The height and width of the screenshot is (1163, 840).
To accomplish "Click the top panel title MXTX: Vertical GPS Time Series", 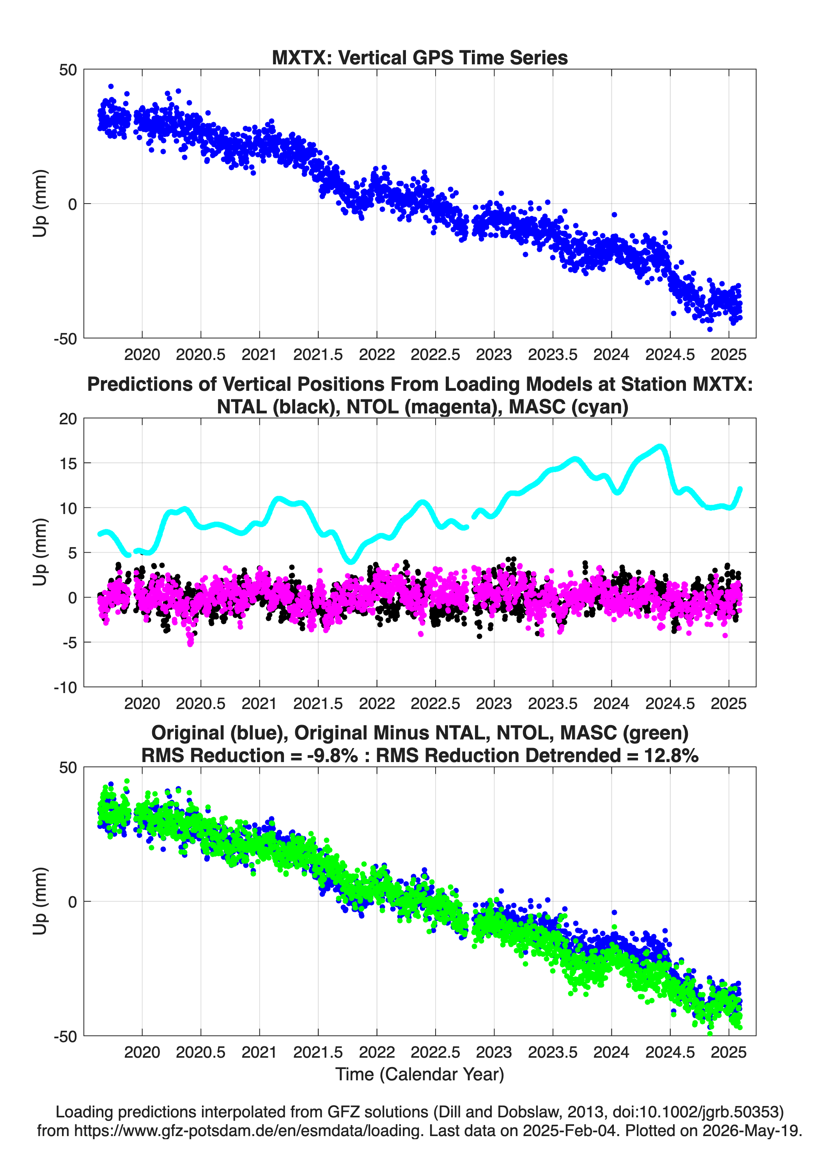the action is pyautogui.click(x=420, y=57).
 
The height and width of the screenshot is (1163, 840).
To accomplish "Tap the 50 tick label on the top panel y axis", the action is pyautogui.click(x=68, y=70).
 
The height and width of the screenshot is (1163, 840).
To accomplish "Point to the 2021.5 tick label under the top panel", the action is pyautogui.click(x=318, y=355).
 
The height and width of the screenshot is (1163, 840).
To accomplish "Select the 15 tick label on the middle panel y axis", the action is pyautogui.click(x=68, y=463).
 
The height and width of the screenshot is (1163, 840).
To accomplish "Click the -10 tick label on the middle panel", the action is pyautogui.click(x=65, y=687).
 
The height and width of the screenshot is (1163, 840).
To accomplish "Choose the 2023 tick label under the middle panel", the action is pyautogui.click(x=494, y=703).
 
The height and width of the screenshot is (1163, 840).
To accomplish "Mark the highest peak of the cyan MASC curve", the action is pyautogui.click(x=661, y=447).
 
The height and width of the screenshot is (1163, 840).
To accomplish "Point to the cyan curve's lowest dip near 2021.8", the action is pyautogui.click(x=351, y=562).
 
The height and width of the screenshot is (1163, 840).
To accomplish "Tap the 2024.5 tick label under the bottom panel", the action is pyautogui.click(x=670, y=1052).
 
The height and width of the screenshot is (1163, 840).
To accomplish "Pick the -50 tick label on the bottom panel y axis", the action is pyautogui.click(x=65, y=1036).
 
